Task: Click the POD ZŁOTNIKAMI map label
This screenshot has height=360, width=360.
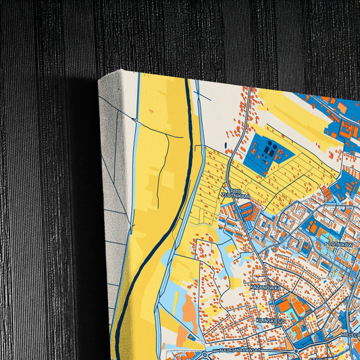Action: click(x=239, y=193)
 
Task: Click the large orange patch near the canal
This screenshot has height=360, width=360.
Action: click(x=190, y=308)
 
